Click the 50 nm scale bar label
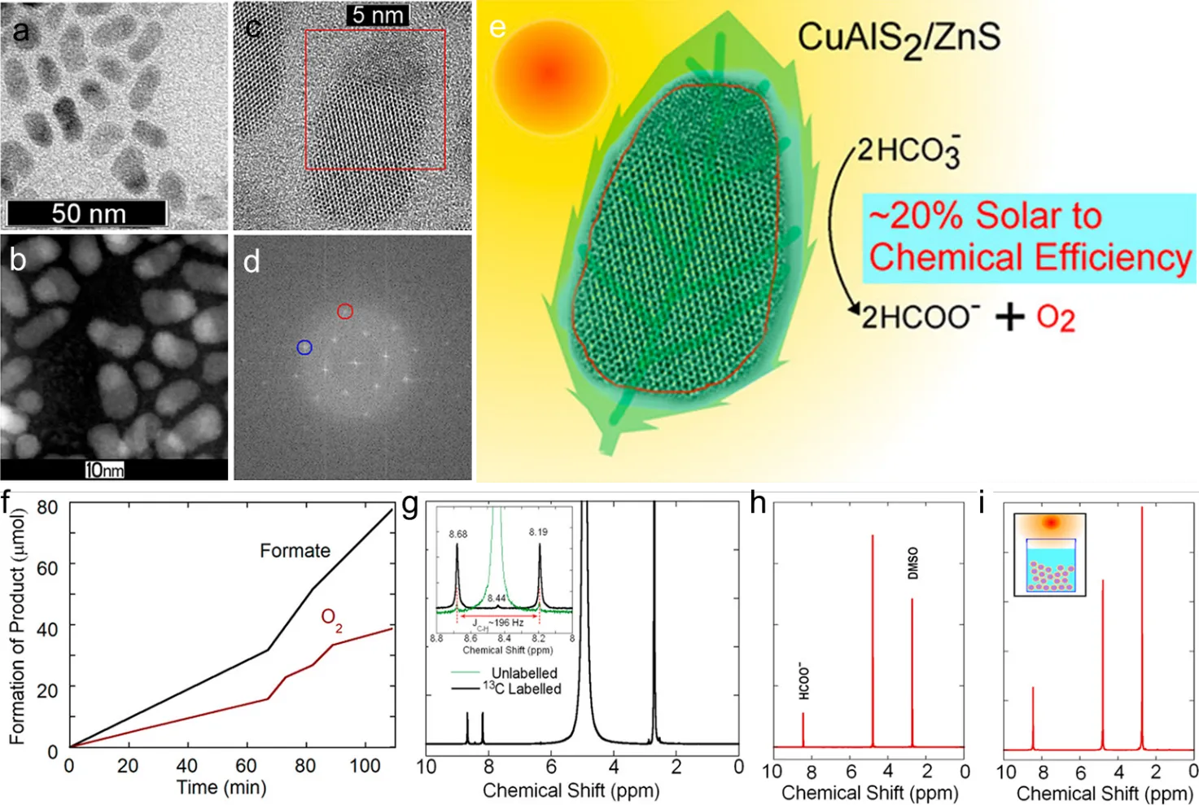point(88,213)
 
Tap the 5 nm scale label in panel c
point(378,15)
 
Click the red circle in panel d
point(345,311)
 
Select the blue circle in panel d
point(304,348)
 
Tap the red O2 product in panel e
point(1055,317)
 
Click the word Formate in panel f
point(295,551)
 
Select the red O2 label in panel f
point(331,619)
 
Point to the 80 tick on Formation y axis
point(47,508)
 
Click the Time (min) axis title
point(221,787)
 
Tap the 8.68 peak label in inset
point(457,534)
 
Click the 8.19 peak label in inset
point(538,532)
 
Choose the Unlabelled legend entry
point(524,673)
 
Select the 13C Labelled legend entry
point(521,689)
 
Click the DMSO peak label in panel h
point(912,562)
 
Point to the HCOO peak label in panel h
point(803,680)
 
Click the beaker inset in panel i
point(1050,554)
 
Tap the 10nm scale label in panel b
point(105,470)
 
